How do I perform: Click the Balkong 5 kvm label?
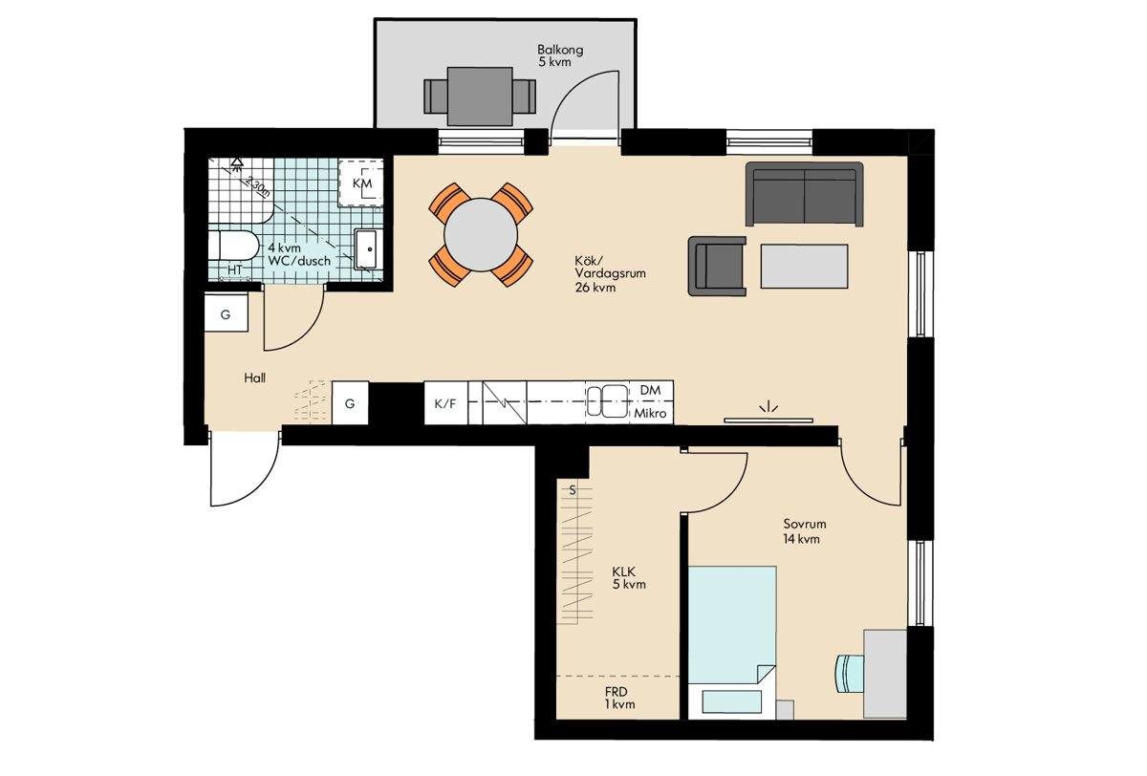(x=560, y=55)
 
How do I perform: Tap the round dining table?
(x=480, y=235)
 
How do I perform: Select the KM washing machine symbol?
(x=361, y=183)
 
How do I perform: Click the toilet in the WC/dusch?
(x=233, y=246)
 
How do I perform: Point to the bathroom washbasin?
(x=366, y=249)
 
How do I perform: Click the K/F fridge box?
(x=445, y=403)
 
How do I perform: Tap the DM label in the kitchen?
(x=650, y=390)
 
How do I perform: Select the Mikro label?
(x=650, y=413)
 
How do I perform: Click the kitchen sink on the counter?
(x=607, y=400)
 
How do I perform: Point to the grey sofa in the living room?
(x=805, y=194)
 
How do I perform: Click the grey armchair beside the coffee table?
(x=717, y=267)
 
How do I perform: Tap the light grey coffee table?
(x=804, y=267)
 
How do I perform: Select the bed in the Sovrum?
(x=732, y=642)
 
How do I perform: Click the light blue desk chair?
(x=850, y=673)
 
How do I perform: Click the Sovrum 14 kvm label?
(x=804, y=531)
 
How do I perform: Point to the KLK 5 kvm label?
(x=629, y=578)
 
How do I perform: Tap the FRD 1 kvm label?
(x=619, y=699)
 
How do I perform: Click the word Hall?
(x=254, y=377)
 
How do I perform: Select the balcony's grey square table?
(x=480, y=97)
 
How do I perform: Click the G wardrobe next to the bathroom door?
(x=227, y=313)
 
